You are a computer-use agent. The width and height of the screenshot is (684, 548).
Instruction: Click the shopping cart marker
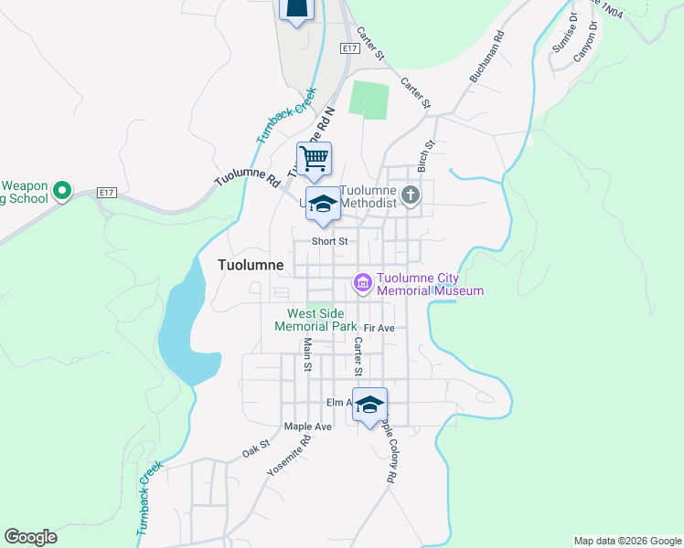(x=314, y=160)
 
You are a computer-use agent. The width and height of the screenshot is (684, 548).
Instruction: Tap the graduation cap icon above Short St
(x=322, y=205)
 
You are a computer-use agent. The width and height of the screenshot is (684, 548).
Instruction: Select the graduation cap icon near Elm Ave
(x=369, y=405)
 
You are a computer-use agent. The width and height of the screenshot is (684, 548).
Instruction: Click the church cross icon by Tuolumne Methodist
(x=411, y=195)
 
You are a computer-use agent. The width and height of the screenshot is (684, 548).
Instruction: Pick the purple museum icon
(x=363, y=284)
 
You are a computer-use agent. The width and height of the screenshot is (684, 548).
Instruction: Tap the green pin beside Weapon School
(x=61, y=191)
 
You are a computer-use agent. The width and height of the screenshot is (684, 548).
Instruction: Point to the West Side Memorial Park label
(x=316, y=320)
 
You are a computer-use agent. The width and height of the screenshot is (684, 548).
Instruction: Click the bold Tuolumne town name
(x=251, y=265)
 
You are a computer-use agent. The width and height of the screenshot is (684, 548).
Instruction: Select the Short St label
(x=330, y=241)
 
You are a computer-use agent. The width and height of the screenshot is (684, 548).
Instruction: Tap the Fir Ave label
(x=379, y=328)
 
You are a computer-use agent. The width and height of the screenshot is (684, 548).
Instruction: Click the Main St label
(x=308, y=355)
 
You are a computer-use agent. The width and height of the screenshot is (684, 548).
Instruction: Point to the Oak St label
(x=256, y=449)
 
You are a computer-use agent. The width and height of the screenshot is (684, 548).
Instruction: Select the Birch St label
(x=424, y=156)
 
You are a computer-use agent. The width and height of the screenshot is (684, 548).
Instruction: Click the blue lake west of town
(x=187, y=329)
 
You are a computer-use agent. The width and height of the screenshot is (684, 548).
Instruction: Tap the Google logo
(x=30, y=537)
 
